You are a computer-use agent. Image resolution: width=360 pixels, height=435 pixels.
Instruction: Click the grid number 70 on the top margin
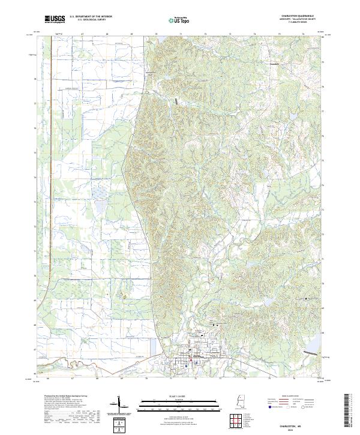coord(156,35)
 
